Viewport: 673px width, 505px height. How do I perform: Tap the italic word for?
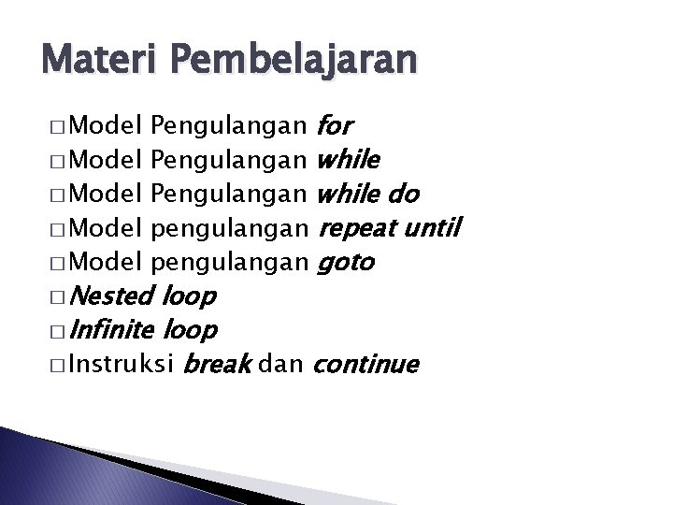[336, 123]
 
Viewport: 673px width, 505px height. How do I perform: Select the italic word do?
[401, 194]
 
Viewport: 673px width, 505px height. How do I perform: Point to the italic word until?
[432, 228]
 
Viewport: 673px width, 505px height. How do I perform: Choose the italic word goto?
[347, 264]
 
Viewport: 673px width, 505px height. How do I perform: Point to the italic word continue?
[366, 364]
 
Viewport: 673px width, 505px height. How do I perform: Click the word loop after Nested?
[189, 297]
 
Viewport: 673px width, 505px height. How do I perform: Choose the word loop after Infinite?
[191, 330]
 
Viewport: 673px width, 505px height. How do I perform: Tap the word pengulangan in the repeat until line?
[229, 229]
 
